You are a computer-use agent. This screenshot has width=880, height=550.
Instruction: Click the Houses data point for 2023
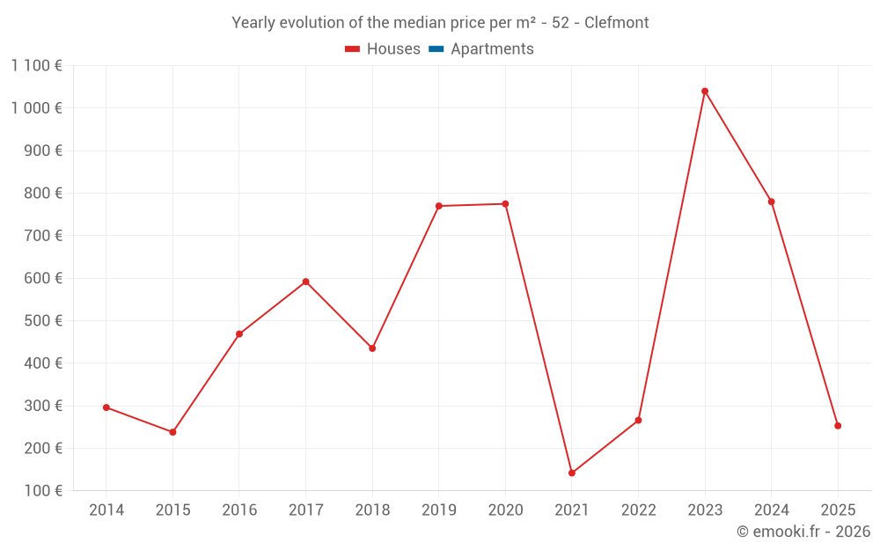tap(705, 92)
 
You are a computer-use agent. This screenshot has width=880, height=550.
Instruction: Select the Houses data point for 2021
tap(572, 473)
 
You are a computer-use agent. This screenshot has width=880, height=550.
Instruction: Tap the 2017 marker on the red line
tap(305, 282)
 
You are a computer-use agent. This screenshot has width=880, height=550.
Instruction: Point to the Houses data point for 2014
tap(106, 407)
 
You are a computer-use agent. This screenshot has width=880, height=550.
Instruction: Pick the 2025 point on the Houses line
tap(838, 426)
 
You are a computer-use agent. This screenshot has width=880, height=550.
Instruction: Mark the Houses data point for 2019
tap(438, 206)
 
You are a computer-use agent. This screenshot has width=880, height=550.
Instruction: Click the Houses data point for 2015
tap(172, 432)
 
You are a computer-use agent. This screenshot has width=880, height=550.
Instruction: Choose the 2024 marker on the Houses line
tap(772, 202)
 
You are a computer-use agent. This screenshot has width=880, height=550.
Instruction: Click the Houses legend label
tap(393, 49)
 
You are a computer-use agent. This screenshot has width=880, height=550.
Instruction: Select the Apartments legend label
tap(492, 49)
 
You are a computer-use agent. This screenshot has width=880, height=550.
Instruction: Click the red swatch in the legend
tap(352, 49)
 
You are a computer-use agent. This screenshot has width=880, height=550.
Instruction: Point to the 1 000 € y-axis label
tap(36, 108)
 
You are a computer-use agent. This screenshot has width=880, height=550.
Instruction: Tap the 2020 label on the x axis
tap(505, 510)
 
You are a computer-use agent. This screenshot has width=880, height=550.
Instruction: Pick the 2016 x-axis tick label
tap(239, 510)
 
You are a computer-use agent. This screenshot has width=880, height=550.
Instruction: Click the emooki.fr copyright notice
tap(803, 532)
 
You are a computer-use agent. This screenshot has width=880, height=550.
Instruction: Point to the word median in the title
tap(404, 23)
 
